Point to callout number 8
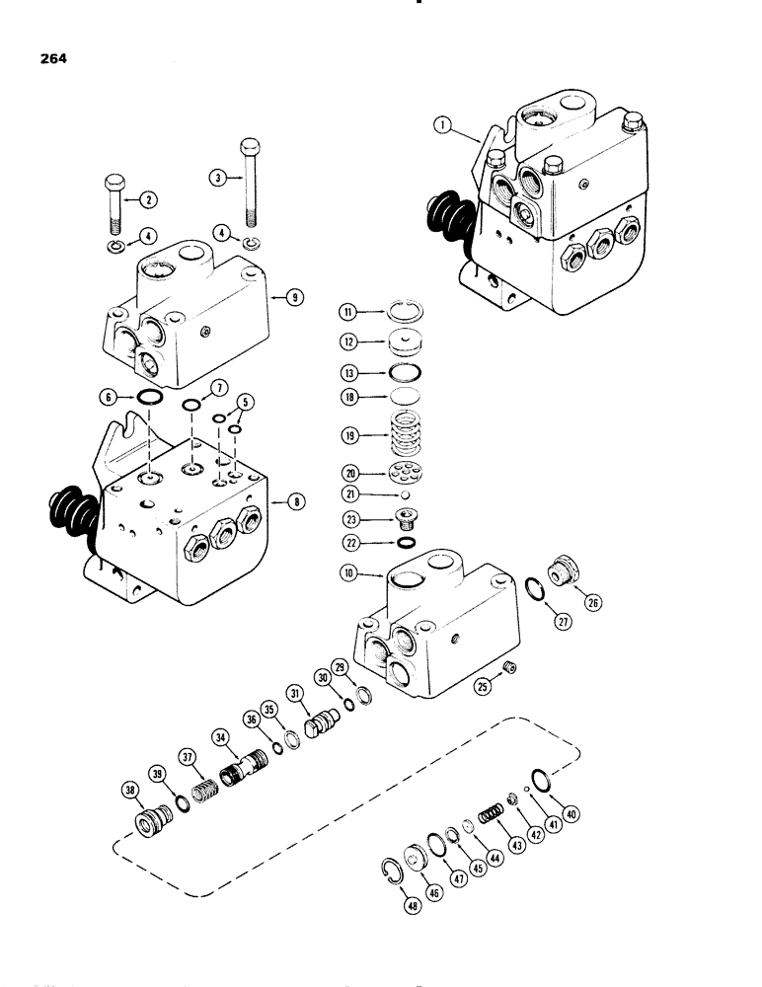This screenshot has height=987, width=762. click(x=293, y=502)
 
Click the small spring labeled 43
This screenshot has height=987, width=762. click(x=490, y=816)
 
